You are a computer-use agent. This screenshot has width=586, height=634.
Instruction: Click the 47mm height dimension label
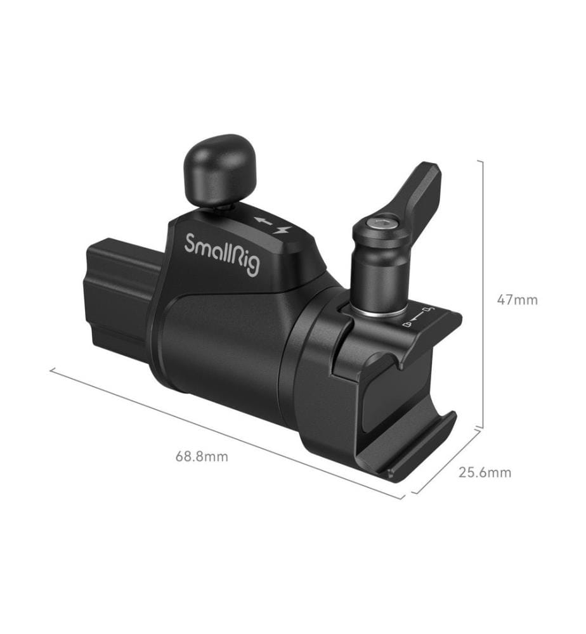pyautogui.click(x=518, y=300)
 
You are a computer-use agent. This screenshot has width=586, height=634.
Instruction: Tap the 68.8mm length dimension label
pyautogui.click(x=202, y=456)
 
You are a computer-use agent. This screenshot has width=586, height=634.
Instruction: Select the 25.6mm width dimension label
pyautogui.click(x=485, y=472)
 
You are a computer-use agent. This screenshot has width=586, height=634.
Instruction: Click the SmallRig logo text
pyautogui.click(x=223, y=254)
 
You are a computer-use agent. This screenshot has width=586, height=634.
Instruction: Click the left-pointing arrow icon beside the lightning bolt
pyautogui.click(x=263, y=221)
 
